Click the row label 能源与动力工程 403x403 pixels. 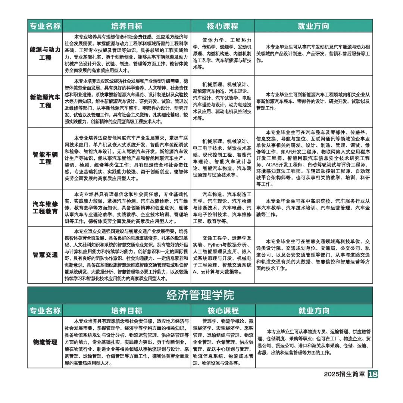45,54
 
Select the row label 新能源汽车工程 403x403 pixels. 45,101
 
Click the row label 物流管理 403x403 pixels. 45,342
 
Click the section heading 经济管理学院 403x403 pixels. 200,295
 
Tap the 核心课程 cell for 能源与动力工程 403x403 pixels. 222,54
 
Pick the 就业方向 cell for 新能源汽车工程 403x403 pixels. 313,101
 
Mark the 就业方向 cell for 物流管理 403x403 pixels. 313,342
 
